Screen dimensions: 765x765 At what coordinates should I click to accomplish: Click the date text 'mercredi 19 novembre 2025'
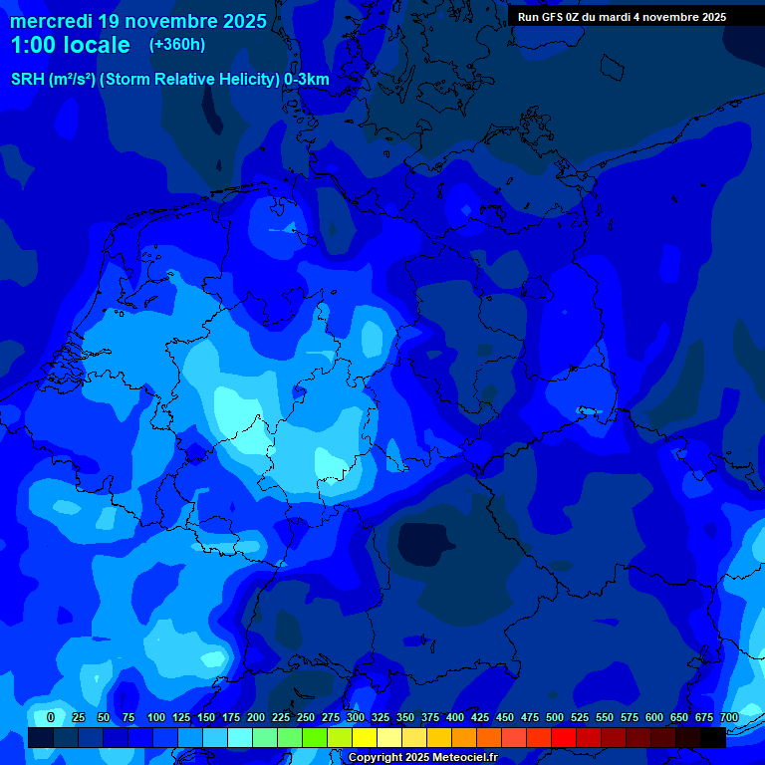(x=138, y=21)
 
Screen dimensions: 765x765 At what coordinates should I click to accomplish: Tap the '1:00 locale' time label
(x=71, y=45)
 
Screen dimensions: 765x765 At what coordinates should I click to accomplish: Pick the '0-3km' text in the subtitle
(x=307, y=80)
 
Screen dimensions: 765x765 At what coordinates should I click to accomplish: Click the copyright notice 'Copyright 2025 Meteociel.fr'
(x=422, y=758)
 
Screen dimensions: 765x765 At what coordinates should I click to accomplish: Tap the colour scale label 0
(x=51, y=718)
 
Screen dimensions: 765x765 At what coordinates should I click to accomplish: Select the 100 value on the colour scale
(x=156, y=718)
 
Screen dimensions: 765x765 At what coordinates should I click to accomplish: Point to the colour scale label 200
(x=256, y=718)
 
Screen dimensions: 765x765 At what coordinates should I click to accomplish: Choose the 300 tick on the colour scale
(x=356, y=718)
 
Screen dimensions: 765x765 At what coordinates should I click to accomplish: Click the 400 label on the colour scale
(x=455, y=718)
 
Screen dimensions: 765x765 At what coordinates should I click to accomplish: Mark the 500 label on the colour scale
(x=555, y=718)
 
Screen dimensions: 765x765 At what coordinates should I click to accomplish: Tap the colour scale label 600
(x=654, y=718)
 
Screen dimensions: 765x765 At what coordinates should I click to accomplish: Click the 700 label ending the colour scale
(x=729, y=718)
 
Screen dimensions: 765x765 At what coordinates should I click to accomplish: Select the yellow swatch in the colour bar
(x=365, y=737)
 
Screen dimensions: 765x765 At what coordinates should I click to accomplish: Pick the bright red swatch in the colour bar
(x=564, y=737)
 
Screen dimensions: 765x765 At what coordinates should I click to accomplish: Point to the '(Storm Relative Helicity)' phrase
(x=189, y=80)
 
